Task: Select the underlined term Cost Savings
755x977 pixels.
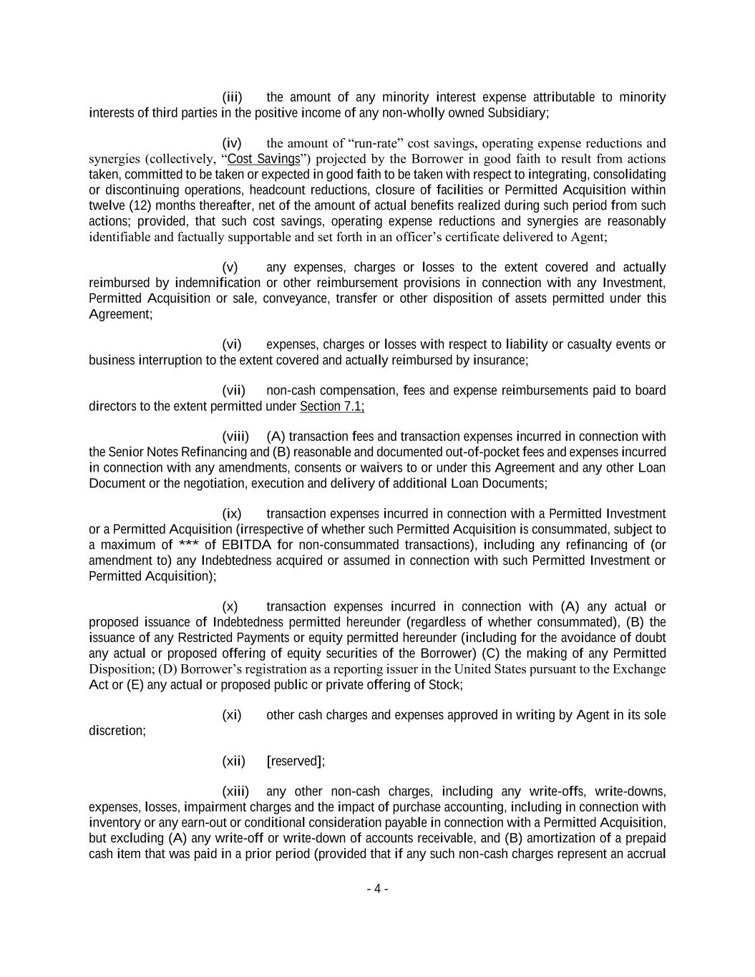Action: pyautogui.click(x=263, y=159)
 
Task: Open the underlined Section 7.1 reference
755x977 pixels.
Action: pyautogui.click(x=331, y=407)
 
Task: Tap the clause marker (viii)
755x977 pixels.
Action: pyautogui.click(x=235, y=437)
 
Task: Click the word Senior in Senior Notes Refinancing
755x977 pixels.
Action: pyautogui.click(x=127, y=452)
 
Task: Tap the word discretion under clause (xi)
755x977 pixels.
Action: pyautogui.click(x=117, y=731)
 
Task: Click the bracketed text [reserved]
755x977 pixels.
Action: pyautogui.click(x=295, y=761)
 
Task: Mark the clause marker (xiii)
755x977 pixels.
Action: pyautogui.click(x=235, y=792)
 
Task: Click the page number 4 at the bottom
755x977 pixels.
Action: pyautogui.click(x=377, y=890)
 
